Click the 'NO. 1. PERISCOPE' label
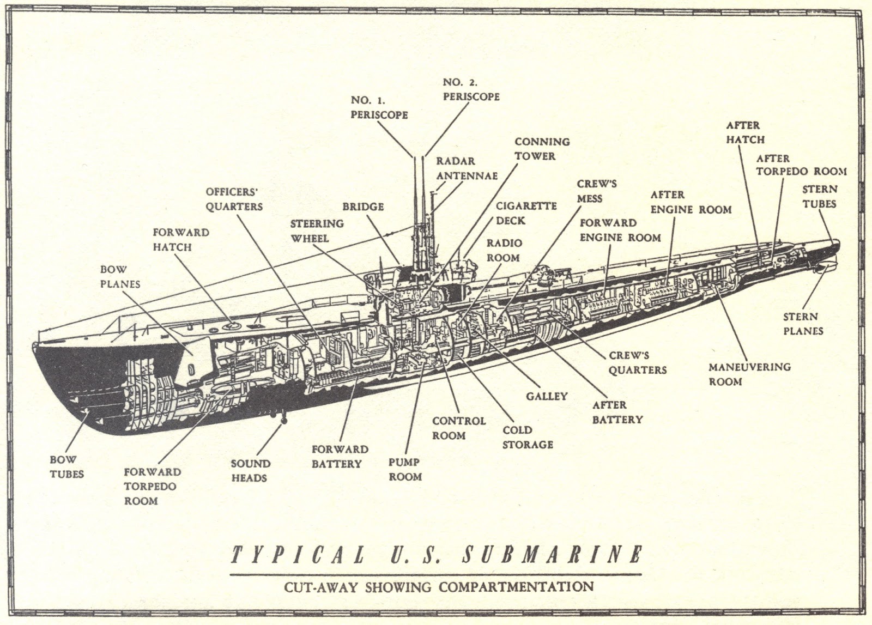point(379,108)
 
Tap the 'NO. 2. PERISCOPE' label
point(471,89)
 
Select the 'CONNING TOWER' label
point(542,149)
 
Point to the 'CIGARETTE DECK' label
point(526,213)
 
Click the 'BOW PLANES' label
point(120,277)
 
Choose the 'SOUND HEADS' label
point(250,471)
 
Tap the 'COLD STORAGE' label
point(527,437)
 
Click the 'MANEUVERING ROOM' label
point(749,374)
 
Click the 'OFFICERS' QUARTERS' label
point(234,199)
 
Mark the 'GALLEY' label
point(547,396)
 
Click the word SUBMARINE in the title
point(552,555)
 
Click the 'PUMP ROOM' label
point(405,469)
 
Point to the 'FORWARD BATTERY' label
point(340,457)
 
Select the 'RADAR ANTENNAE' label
point(467,168)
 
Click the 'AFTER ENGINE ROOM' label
point(691,202)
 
